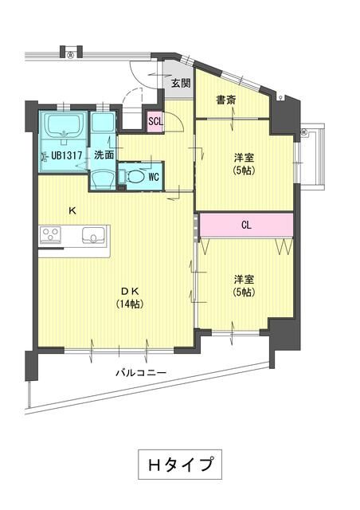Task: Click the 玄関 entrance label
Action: coord(180,82)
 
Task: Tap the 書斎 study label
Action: coord(225,100)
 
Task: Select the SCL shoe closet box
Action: coord(156,121)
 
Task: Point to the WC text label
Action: coord(154,178)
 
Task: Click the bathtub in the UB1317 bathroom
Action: coord(65,125)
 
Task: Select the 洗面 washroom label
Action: coord(104,154)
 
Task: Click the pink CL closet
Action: coord(246,226)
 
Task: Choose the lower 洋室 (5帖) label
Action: coord(244,286)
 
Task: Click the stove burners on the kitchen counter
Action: coord(52,235)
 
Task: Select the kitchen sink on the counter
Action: coord(94,236)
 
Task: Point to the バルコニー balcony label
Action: coord(139,371)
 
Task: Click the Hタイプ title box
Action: coord(178,464)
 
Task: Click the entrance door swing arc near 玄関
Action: coord(149,77)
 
